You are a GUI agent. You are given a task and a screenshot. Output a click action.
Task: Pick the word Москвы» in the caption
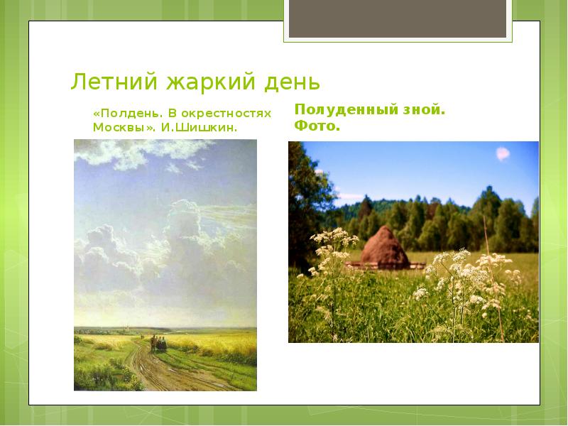[118, 129]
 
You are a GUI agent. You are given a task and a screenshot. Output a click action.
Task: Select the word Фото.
[317, 127]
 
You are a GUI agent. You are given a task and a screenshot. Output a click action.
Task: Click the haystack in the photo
[384, 247]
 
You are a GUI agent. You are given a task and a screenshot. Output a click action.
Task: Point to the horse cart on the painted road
[158, 344]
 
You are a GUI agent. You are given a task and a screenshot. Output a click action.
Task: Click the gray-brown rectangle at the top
[398, 18]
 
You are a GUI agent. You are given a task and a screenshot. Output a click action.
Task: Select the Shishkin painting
[165, 264]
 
